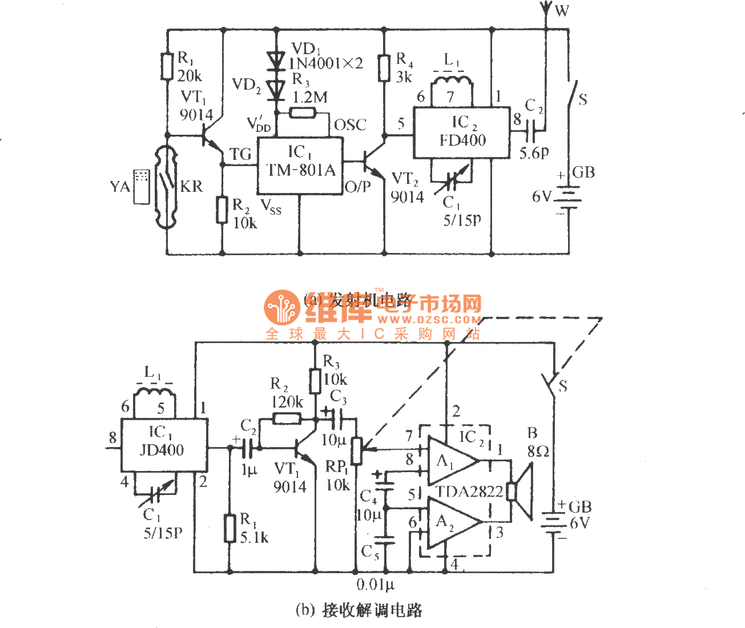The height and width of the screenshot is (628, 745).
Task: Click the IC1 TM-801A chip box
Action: (x=300, y=166)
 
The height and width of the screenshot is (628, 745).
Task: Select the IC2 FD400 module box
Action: (x=461, y=132)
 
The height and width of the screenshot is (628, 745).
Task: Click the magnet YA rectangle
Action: (x=140, y=186)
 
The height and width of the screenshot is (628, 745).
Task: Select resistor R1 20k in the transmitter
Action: (x=167, y=66)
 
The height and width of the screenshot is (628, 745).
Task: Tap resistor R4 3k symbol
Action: (x=385, y=67)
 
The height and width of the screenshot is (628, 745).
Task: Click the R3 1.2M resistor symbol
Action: (x=301, y=112)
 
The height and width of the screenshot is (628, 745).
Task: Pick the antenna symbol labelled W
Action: (x=545, y=10)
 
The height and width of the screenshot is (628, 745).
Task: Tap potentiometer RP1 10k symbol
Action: (x=356, y=449)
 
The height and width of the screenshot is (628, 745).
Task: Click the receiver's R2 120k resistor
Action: (x=287, y=418)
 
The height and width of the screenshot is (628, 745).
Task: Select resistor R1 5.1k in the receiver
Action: (x=229, y=528)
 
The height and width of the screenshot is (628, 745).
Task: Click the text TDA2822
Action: (x=469, y=492)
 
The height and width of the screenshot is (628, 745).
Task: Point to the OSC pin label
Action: (x=350, y=125)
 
